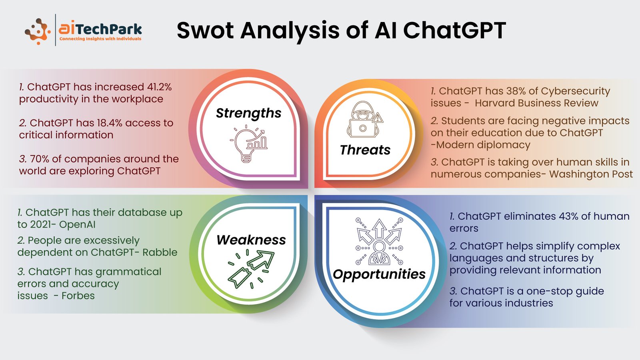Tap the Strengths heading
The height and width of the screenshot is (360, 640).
248,113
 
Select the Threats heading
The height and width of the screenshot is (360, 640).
365,150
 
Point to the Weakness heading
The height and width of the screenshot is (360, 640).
251,240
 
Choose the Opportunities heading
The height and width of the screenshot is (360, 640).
379,274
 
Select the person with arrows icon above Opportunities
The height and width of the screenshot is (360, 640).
379,242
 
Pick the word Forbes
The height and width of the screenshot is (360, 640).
78,296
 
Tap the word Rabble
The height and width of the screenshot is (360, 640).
160,252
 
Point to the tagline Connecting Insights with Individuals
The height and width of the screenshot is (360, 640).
100,39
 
